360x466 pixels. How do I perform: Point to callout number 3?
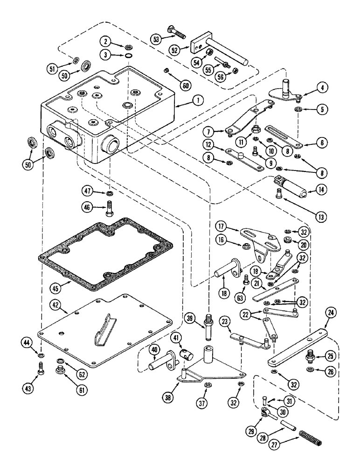(x=108, y=55)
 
